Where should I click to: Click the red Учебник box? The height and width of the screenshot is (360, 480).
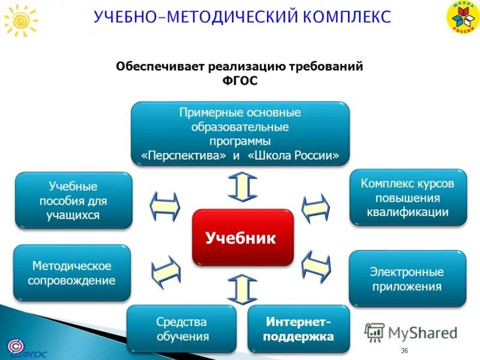242,238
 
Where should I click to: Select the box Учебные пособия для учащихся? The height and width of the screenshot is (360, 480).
73,200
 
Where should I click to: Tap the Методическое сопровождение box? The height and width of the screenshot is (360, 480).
72,273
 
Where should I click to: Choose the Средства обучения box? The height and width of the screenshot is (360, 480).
182,329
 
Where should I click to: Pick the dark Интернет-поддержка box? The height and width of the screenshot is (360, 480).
299,329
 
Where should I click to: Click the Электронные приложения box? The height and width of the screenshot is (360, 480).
407,279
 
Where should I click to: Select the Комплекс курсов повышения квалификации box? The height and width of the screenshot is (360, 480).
407,197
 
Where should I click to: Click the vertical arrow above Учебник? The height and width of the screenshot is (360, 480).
242,187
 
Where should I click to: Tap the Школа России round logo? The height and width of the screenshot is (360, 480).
462,17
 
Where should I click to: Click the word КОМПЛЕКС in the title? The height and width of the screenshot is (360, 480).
344,16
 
